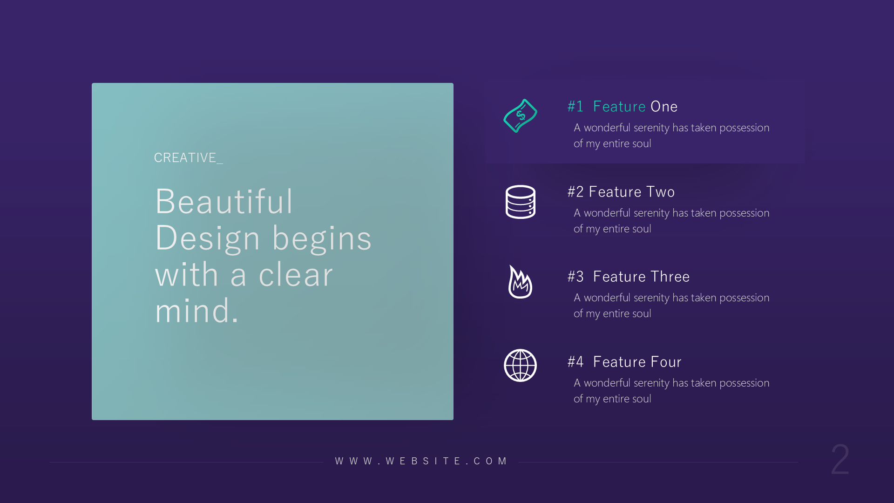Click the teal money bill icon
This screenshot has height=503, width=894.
click(520, 116)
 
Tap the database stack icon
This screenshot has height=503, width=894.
click(520, 202)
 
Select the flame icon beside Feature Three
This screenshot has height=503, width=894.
click(520, 282)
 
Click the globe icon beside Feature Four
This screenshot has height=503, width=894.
click(520, 366)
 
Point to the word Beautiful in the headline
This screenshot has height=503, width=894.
click(224, 202)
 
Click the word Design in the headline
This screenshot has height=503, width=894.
click(207, 238)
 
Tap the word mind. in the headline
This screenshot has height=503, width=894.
click(196, 311)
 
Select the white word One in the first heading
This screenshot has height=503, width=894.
click(664, 107)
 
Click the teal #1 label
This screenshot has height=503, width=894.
click(576, 107)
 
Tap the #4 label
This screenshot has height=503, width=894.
click(576, 362)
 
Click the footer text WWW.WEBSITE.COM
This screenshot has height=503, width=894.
click(421, 461)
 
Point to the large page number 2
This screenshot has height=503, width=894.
click(840, 460)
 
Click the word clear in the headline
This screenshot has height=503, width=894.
click(296, 275)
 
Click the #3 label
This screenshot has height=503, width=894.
click(576, 277)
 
